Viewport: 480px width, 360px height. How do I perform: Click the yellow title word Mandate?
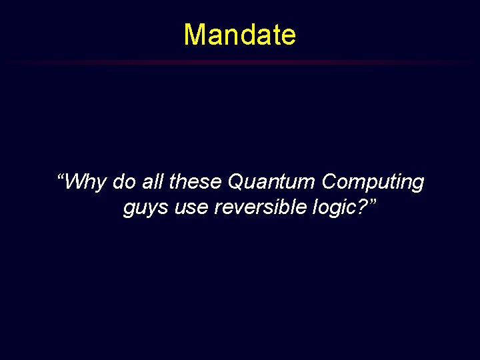pyautogui.click(x=239, y=35)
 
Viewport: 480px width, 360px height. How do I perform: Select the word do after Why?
pyautogui.click(x=124, y=181)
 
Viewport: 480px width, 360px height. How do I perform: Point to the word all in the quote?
pyautogui.click(x=151, y=181)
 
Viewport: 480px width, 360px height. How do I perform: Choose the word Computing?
pyautogui.click(x=373, y=182)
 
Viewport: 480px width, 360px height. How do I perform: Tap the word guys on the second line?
pyautogui.click(x=145, y=209)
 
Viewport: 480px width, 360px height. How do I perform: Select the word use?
pyautogui.click(x=191, y=209)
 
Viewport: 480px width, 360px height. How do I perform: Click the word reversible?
pyautogui.click(x=260, y=208)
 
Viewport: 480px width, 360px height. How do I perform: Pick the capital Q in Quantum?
pyautogui.click(x=237, y=181)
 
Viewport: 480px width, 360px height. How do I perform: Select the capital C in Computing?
pyautogui.click(x=330, y=181)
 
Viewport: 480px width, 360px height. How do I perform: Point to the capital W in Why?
pyautogui.click(x=77, y=181)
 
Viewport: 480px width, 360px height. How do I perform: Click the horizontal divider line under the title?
pyautogui.click(x=240, y=62)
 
